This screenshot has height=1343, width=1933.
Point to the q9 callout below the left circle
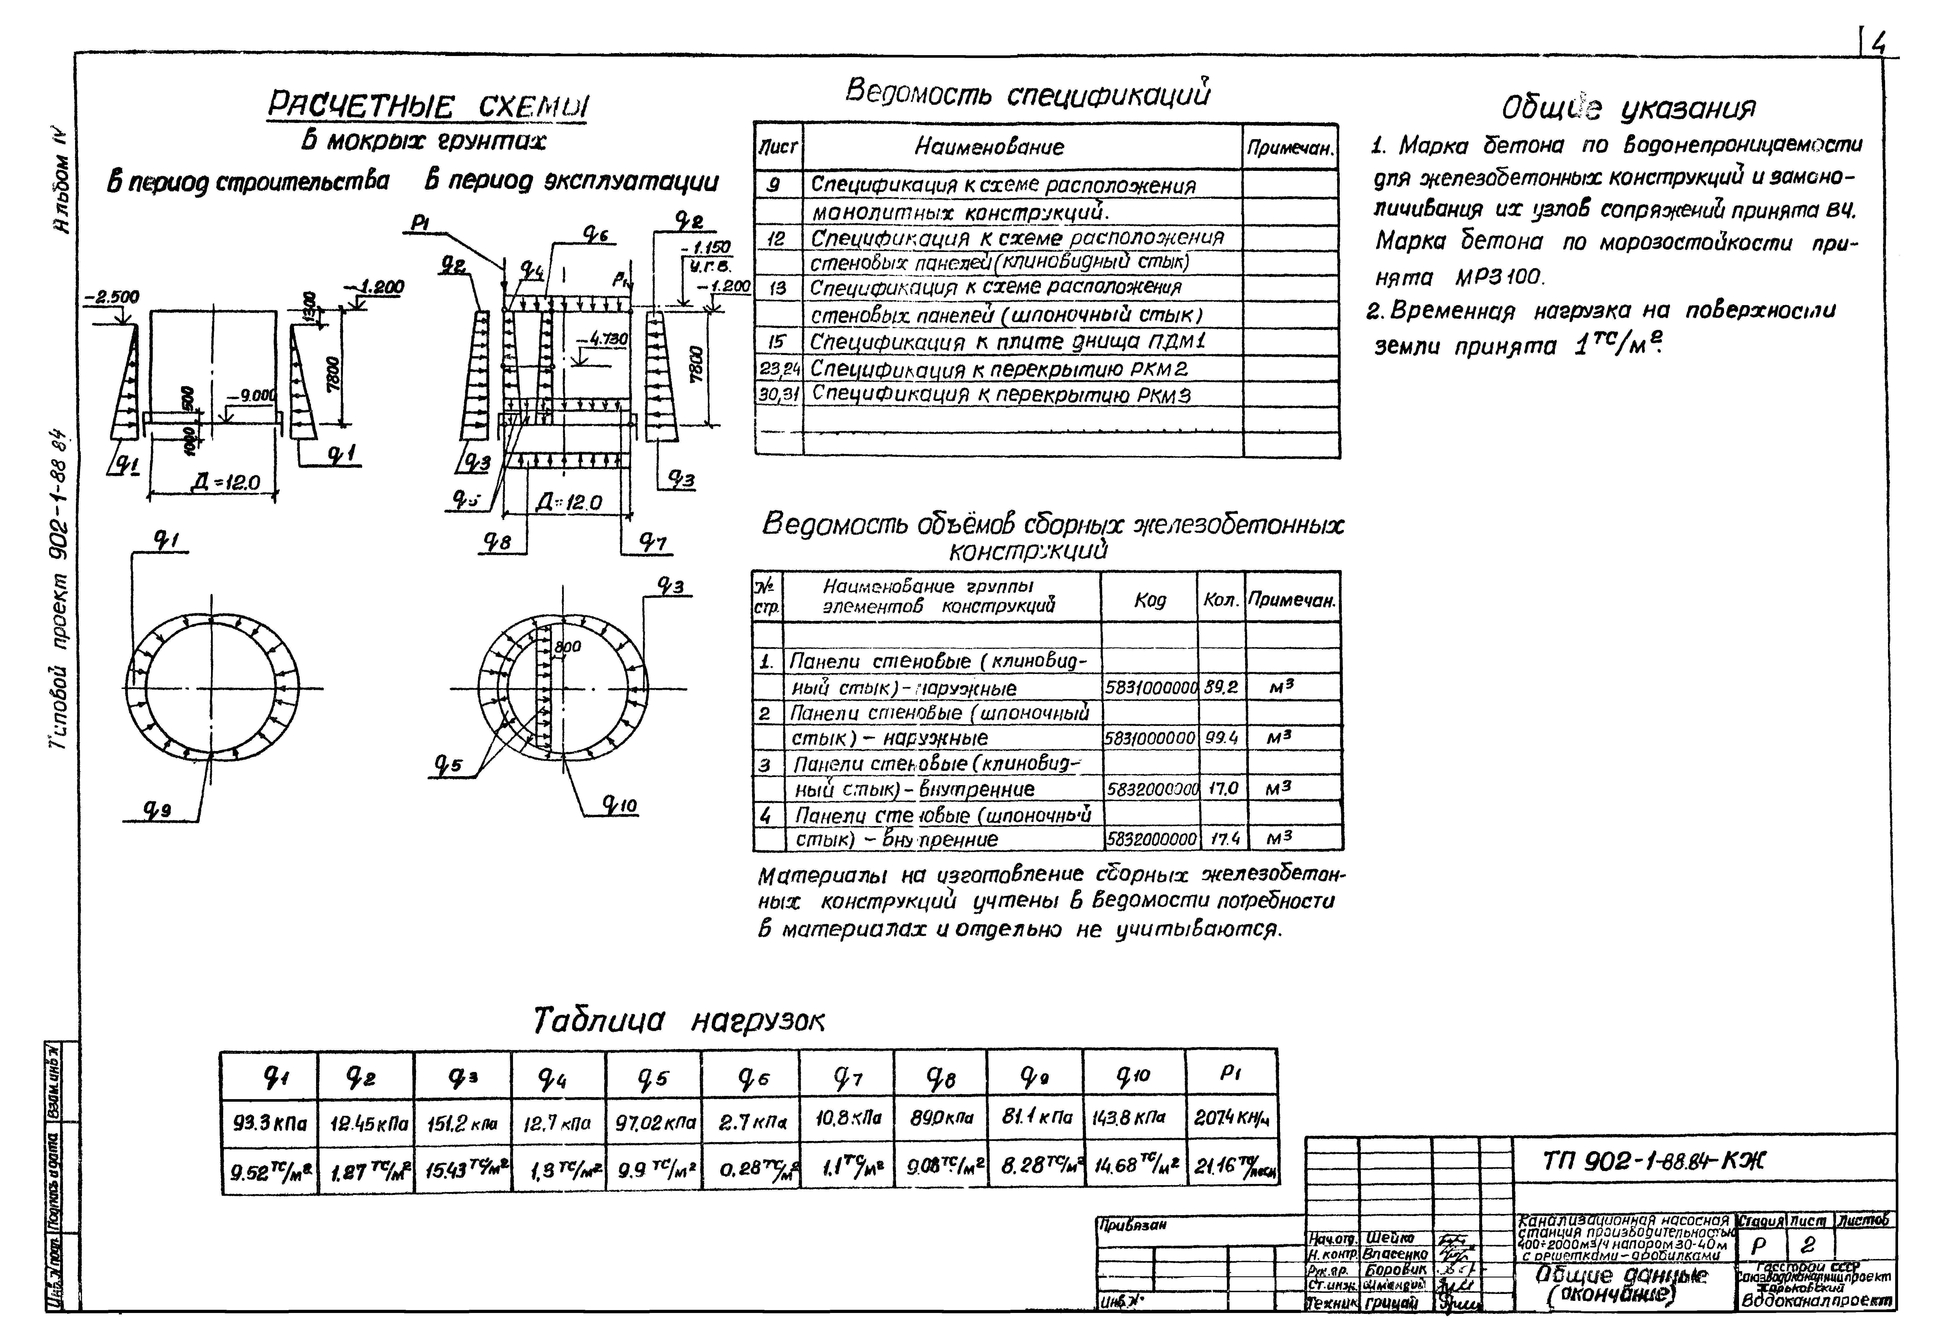156,810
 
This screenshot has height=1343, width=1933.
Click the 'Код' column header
1150,600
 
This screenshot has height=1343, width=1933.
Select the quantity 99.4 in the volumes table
1221,738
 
